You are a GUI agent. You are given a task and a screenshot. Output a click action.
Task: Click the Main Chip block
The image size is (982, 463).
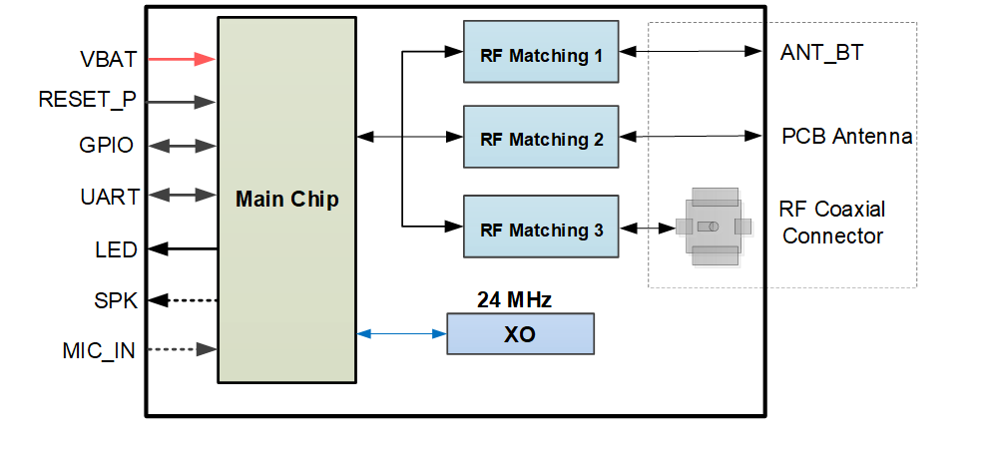pos(286,200)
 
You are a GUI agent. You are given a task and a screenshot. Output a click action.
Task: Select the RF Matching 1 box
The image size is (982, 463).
pos(541,56)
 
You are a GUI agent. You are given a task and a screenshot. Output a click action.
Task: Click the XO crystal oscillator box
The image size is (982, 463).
pos(519,334)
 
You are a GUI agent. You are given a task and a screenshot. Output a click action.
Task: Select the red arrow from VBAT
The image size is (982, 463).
pos(182,59)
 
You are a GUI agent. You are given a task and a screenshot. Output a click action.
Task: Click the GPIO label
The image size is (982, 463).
pos(106,146)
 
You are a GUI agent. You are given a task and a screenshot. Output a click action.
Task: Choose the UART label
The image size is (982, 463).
pos(109,197)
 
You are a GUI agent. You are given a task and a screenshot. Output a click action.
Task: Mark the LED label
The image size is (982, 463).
pos(116,249)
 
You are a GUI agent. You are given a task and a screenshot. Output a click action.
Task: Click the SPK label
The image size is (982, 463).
pos(115,299)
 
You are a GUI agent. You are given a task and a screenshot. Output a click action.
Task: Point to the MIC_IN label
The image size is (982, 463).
pos(99,350)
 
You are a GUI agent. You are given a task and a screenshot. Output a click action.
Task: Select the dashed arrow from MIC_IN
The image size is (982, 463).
pos(182,349)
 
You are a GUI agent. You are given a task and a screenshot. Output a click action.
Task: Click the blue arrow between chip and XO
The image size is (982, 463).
pos(401,334)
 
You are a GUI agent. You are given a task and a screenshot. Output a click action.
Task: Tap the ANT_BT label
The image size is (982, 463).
pos(821,53)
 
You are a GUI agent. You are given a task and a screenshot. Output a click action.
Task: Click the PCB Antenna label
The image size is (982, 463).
pos(846,137)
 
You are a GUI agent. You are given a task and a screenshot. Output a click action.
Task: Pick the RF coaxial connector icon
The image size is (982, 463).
pos(712,227)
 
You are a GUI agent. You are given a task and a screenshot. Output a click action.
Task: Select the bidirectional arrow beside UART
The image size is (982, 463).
pos(182,196)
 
